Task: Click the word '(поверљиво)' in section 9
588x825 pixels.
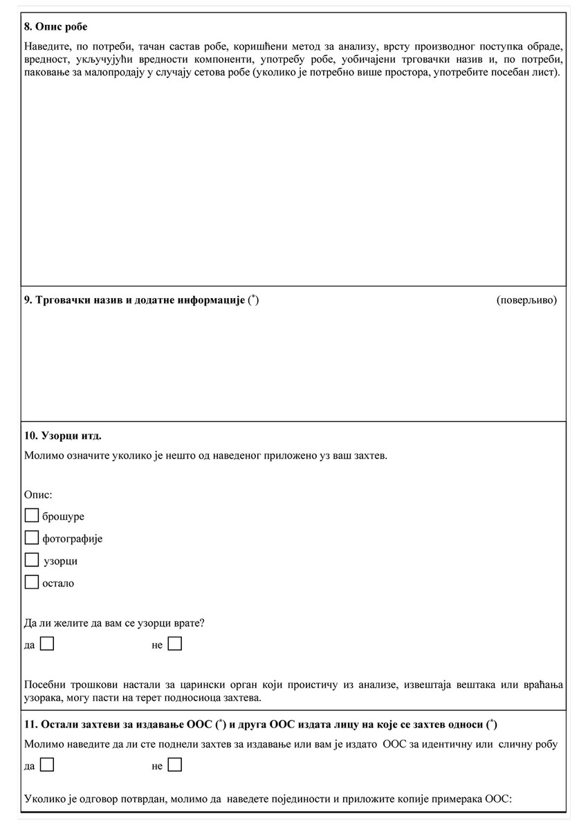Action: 526,300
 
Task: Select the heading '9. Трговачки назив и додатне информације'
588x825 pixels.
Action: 135,300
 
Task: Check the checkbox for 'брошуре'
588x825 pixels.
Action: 31,516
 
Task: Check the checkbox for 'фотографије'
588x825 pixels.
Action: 31,538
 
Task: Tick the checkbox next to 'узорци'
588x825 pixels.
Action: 31,560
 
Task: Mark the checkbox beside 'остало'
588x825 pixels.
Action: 31,582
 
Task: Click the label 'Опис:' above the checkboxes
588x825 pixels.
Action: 39,494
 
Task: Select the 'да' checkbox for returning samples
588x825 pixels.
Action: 47,645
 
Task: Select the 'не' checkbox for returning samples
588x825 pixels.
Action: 175,645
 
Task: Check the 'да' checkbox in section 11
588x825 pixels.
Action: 47,766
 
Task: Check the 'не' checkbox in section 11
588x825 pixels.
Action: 175,766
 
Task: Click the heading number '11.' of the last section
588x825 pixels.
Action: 30,724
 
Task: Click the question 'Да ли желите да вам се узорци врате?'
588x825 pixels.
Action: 113,622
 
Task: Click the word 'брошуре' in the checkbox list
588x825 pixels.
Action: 63,517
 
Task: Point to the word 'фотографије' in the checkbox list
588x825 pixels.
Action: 72,539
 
